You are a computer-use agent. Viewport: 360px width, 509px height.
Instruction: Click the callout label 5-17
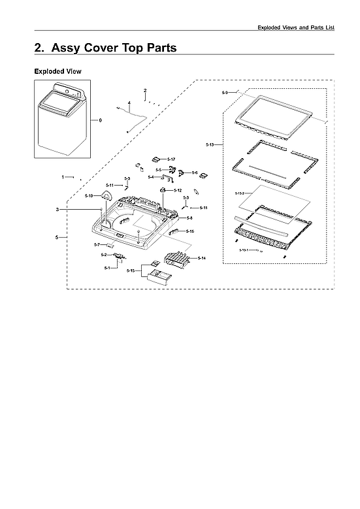click(x=171, y=159)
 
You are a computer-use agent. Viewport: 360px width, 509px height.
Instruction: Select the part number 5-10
click(x=90, y=196)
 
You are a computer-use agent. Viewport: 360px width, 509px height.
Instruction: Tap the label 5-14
click(x=201, y=259)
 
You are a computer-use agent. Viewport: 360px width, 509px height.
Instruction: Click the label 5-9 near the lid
click(x=225, y=93)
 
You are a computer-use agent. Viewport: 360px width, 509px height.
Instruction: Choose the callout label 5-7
click(x=97, y=244)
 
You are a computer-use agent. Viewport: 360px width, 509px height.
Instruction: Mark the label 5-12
click(x=178, y=190)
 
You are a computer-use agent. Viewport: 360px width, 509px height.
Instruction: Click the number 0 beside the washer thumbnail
click(x=100, y=120)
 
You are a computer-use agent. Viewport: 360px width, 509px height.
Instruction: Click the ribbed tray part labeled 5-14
click(x=173, y=259)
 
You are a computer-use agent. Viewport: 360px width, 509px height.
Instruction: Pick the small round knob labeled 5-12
click(x=162, y=189)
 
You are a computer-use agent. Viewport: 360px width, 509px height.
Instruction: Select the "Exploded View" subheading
click(x=57, y=71)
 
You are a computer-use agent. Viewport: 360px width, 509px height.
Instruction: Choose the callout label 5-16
click(x=189, y=231)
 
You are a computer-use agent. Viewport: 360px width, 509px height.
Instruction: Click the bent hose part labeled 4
click(x=134, y=118)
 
